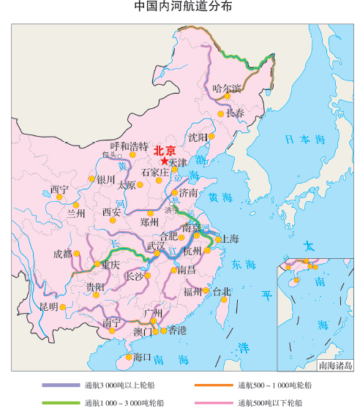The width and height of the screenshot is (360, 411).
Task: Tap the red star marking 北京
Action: click(x=165, y=161)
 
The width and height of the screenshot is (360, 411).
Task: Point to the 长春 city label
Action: click(x=235, y=113)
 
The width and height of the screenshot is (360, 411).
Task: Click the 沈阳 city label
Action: click(x=198, y=137)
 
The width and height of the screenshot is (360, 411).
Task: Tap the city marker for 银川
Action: click(x=92, y=178)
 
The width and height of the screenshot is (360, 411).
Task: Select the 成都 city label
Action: click(x=63, y=254)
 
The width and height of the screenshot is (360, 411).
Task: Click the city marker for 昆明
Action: click(x=62, y=307)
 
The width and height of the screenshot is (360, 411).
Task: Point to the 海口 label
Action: click(x=143, y=357)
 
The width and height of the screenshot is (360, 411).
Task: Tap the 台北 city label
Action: click(x=222, y=291)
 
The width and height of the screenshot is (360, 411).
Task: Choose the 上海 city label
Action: click(x=230, y=238)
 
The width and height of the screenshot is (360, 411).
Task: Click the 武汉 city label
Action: click(x=155, y=245)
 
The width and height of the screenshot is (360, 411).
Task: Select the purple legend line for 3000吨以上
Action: click(x=61, y=385)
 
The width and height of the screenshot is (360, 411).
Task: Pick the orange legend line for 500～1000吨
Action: click(x=213, y=385)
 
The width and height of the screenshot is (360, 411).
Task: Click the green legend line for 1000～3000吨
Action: click(x=61, y=402)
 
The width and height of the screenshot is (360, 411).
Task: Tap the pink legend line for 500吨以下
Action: click(x=213, y=402)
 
